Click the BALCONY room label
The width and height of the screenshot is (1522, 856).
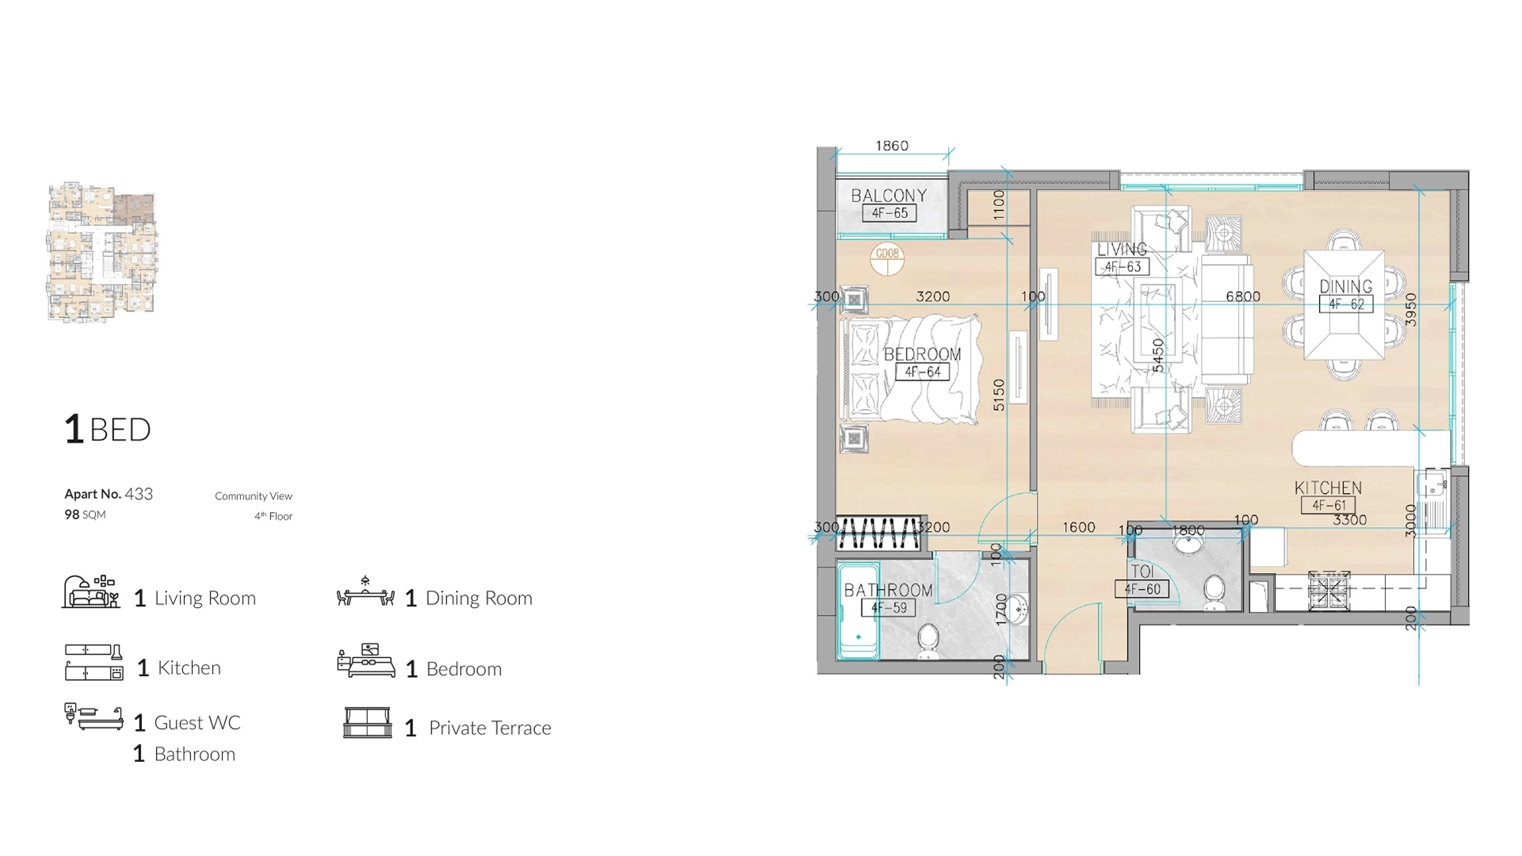(x=889, y=196)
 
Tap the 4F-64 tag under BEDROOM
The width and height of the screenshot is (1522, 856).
(x=922, y=372)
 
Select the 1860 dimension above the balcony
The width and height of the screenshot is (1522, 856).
(x=891, y=146)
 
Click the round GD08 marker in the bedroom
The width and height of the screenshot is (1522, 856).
(x=887, y=258)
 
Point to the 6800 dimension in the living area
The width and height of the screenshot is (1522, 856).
(x=1242, y=296)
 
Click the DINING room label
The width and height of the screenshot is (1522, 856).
(x=1345, y=287)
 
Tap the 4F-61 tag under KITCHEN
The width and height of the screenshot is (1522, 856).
(x=1329, y=506)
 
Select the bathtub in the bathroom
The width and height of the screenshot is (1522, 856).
(x=858, y=611)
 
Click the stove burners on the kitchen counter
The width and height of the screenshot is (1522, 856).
(x=1329, y=590)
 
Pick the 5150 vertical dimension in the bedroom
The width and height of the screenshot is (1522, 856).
(x=999, y=395)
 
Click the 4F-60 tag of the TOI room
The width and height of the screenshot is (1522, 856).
(x=1141, y=589)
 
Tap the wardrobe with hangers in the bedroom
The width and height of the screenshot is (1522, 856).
(x=879, y=533)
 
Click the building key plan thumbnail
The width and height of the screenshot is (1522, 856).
(x=102, y=252)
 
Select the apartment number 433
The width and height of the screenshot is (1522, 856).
(x=139, y=494)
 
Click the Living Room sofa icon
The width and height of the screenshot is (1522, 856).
(x=91, y=593)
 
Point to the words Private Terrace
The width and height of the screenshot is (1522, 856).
(x=489, y=728)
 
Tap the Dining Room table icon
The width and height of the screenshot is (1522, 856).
(x=365, y=593)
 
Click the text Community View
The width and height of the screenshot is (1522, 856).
(x=253, y=496)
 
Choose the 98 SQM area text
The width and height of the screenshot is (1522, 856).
(x=85, y=514)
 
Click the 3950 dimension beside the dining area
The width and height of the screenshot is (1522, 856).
(x=1410, y=310)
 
